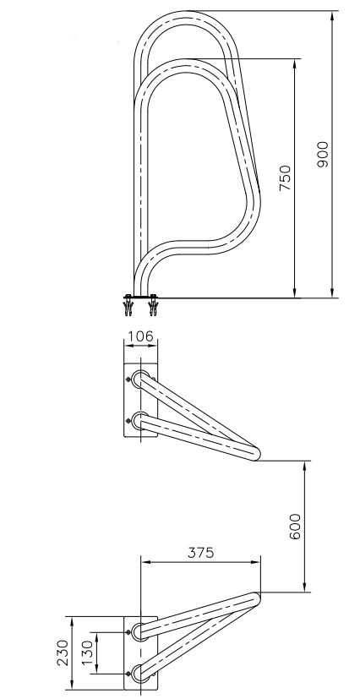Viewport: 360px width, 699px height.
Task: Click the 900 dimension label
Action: coord(323,154)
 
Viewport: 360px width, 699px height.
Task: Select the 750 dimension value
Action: coord(285,177)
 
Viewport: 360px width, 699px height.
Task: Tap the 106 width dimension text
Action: coord(140,336)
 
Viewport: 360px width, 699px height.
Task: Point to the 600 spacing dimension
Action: coord(295,527)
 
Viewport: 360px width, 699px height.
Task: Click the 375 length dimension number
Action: coord(200,552)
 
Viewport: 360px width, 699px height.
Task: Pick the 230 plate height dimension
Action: coord(63,653)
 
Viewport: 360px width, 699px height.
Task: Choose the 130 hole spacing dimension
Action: coord(88,653)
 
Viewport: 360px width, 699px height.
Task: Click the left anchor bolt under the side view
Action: coord(128,305)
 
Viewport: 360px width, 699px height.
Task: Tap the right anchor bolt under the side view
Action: coord(153,305)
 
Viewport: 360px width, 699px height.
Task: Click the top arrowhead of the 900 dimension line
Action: coord(332,17)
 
